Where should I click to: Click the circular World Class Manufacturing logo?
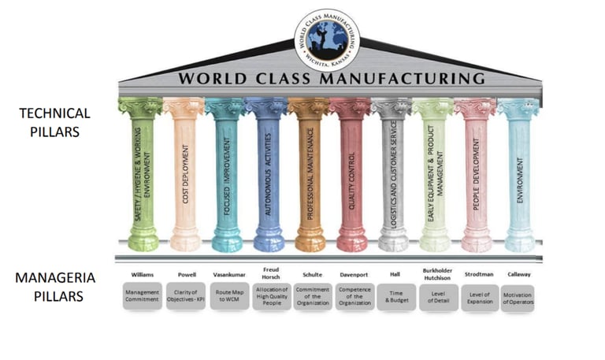pyautogui.click(x=326, y=39)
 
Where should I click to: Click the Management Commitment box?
pyautogui.click(x=142, y=295)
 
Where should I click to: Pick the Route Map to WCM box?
pyautogui.click(x=228, y=295)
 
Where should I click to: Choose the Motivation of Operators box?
pyautogui.click(x=518, y=295)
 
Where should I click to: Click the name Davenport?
pyautogui.click(x=354, y=275)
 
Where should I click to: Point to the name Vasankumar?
pyautogui.click(x=228, y=275)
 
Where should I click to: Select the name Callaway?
pyautogui.click(x=518, y=275)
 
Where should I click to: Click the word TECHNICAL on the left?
pyautogui.click(x=54, y=113)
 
